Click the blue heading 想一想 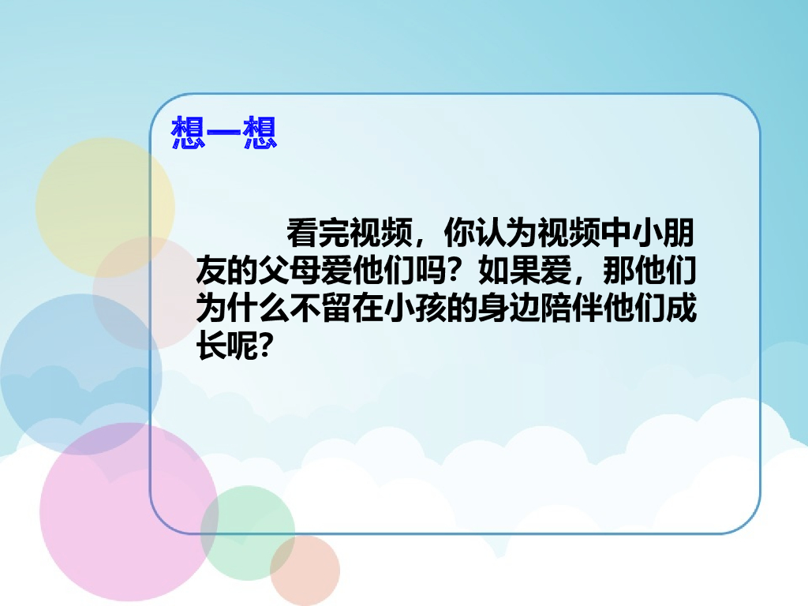(224, 133)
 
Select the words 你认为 (491, 234)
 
